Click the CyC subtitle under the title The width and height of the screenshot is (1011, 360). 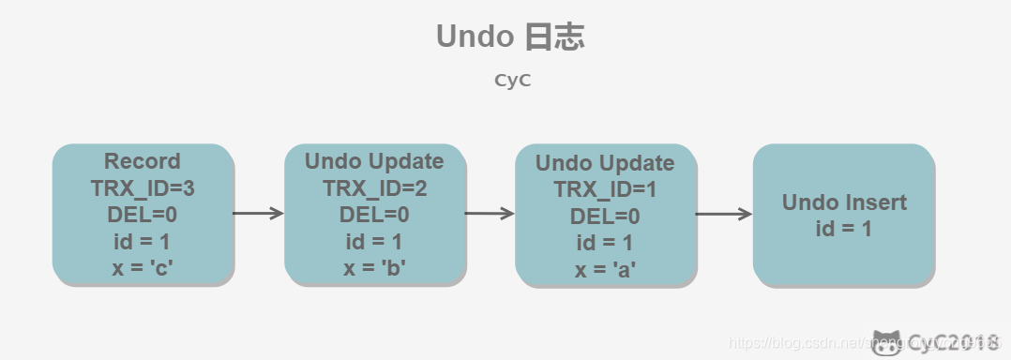point(512,81)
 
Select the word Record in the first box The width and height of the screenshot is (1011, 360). point(143,161)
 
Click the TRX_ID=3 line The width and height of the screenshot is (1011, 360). point(143,188)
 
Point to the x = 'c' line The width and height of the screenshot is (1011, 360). point(143,270)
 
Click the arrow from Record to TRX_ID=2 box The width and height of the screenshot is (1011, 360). point(259,214)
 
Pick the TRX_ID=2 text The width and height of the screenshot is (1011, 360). point(375,188)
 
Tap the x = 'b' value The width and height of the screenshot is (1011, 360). point(375,270)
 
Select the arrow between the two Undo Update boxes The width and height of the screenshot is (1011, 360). point(490,214)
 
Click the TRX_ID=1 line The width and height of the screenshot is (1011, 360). point(605,189)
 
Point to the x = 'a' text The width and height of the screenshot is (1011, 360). point(605,271)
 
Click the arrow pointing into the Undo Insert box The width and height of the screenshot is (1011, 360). point(724,215)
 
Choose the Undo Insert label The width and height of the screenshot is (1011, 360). point(844,202)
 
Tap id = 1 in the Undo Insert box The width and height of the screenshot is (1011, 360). point(844,228)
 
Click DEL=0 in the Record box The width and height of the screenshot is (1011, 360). point(143,216)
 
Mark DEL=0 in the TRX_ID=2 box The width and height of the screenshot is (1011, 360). point(375,216)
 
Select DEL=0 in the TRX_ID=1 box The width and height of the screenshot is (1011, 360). point(605,217)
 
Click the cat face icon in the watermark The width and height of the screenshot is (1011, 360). point(887,343)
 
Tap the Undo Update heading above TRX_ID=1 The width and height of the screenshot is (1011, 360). point(605,163)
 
